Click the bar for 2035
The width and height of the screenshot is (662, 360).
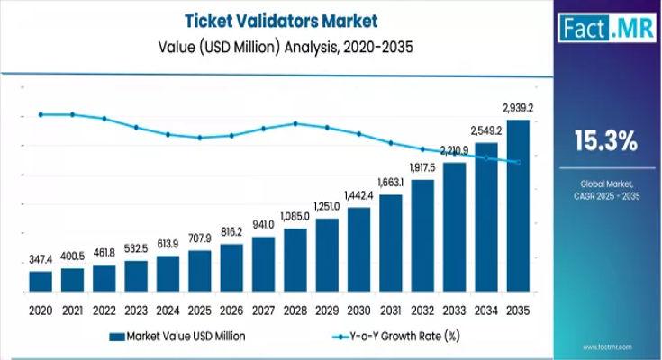[x=518, y=207]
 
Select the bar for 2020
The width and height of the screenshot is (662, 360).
[x=41, y=282]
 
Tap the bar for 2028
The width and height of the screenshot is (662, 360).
[x=295, y=260]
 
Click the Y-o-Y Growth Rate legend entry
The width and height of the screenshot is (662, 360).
[x=396, y=336]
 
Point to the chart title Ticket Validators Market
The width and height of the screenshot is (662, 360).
[x=268, y=18]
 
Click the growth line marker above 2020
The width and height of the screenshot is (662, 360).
[x=41, y=114]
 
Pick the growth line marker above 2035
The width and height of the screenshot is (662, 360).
[x=518, y=162]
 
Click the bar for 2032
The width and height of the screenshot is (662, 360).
[x=422, y=237]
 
